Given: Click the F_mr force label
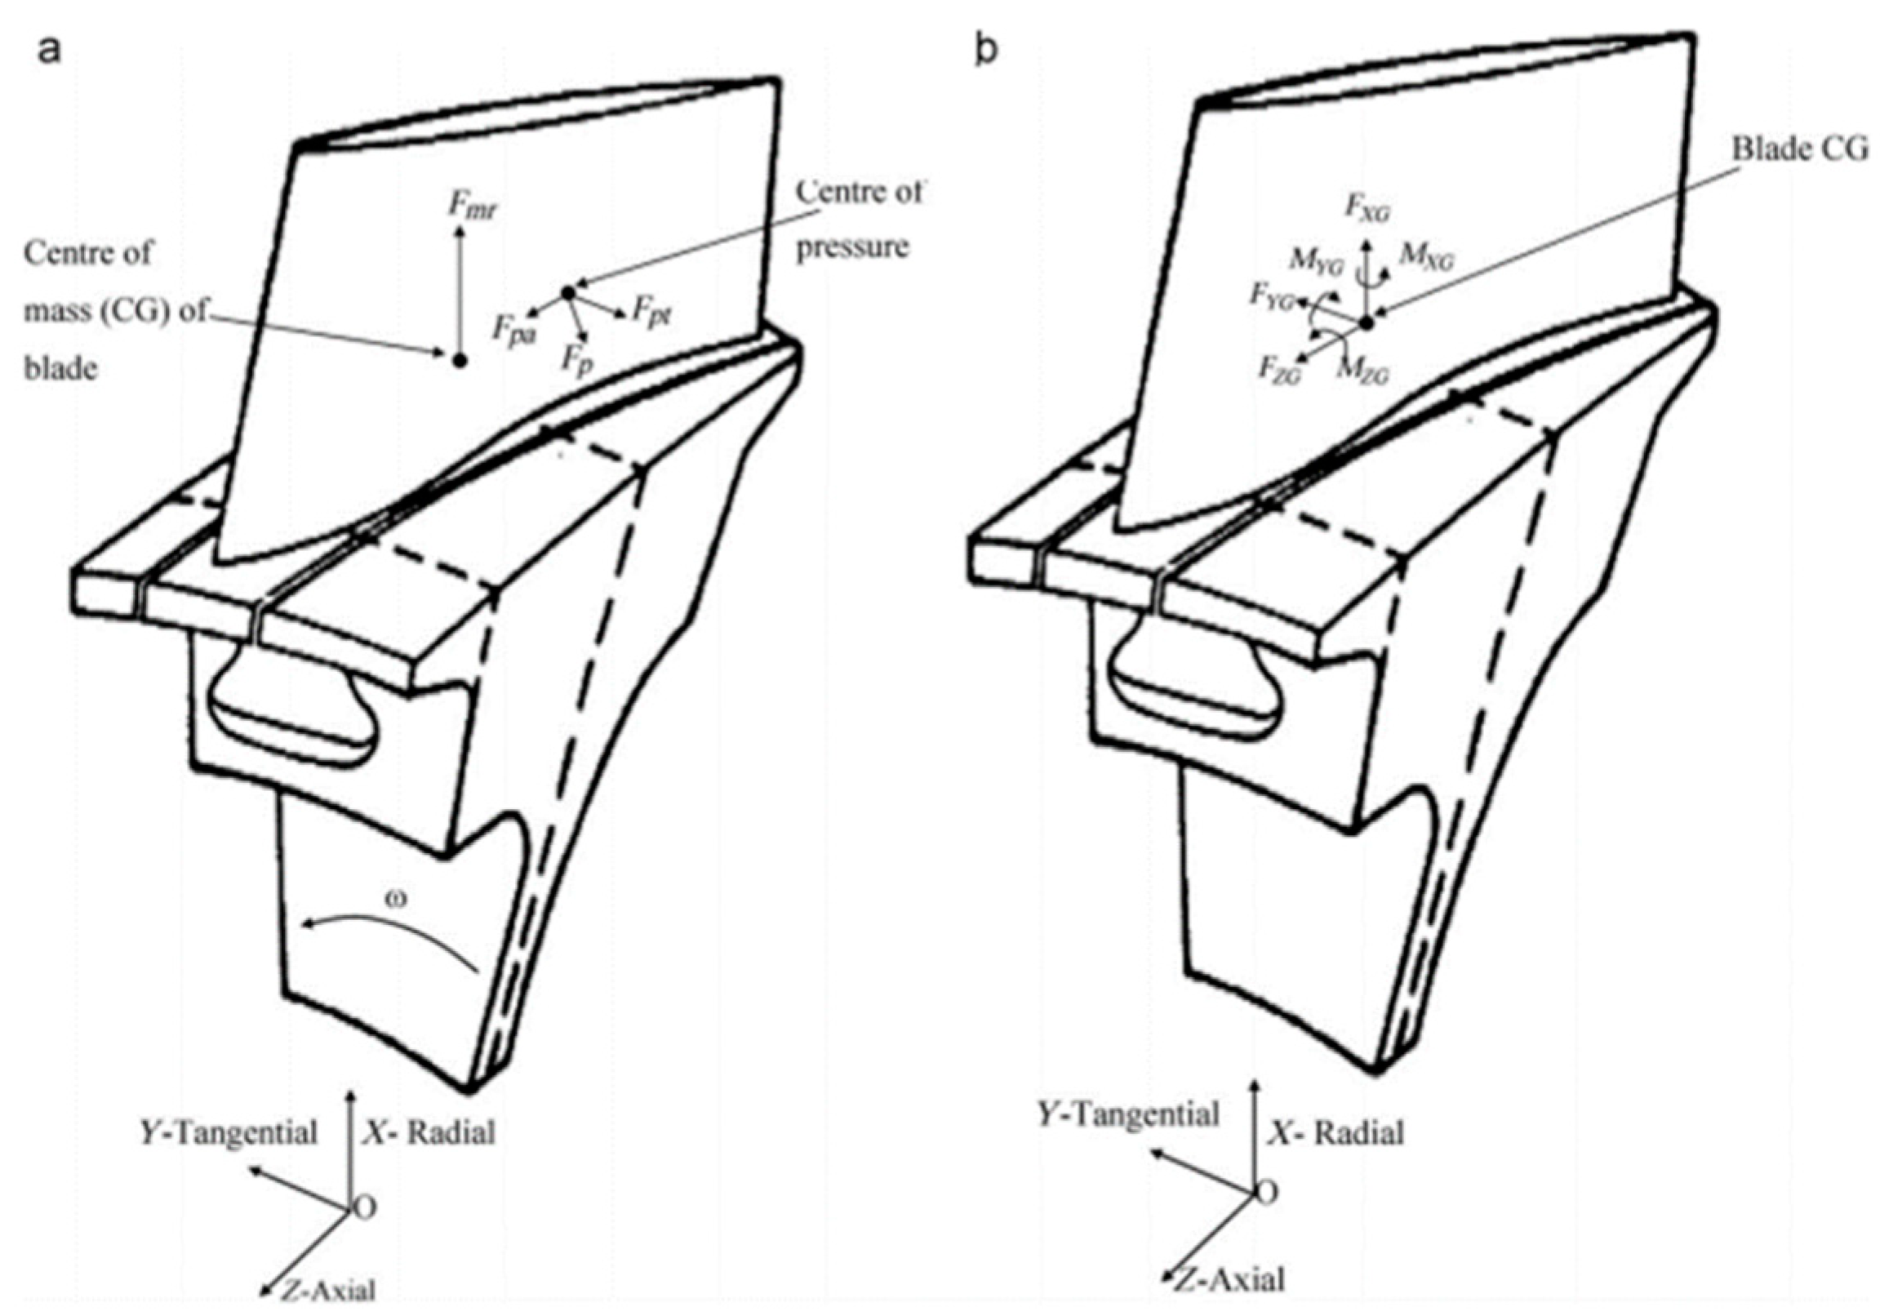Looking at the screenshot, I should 473,205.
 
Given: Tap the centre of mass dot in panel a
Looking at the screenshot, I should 460,359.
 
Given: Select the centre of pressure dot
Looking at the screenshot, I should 568,292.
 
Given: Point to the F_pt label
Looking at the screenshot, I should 652,315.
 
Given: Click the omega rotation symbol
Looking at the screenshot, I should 397,897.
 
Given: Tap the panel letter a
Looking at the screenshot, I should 50,51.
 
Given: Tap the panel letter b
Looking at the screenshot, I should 988,51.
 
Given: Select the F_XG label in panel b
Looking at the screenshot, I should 1367,208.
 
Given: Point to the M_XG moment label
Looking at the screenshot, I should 1426,257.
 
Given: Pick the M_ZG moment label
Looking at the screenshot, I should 1362,371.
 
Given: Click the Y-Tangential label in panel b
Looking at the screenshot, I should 1129,1115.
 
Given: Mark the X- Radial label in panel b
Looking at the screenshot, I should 1336,1133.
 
